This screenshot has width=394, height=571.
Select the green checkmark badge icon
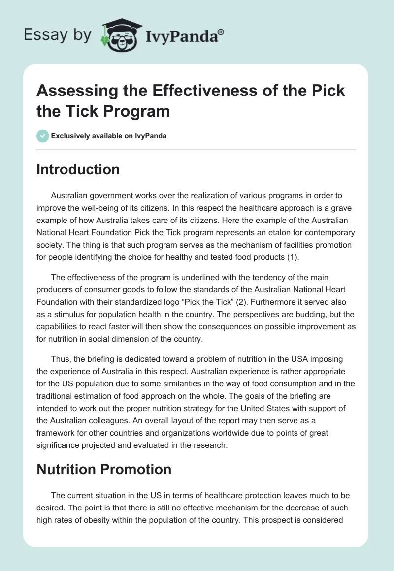pyautogui.click(x=43, y=136)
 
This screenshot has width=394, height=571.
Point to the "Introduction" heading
pyautogui.click(x=78, y=169)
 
